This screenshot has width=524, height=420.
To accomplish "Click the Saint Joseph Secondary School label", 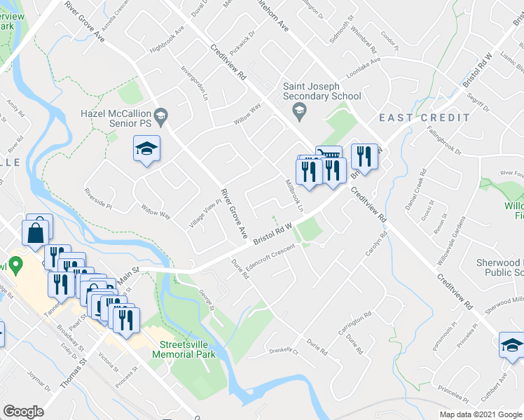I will point(322,92).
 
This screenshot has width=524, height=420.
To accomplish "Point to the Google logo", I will point(23,412).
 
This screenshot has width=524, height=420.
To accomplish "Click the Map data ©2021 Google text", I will point(480,414).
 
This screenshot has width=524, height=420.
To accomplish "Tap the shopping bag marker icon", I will point(36,232).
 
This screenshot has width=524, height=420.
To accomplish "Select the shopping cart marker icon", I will point(329,153).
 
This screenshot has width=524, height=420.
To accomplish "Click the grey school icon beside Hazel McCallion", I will point(160,118).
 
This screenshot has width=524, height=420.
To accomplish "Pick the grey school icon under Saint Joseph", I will point(299,110).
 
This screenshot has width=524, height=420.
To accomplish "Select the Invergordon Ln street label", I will point(195,84).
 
